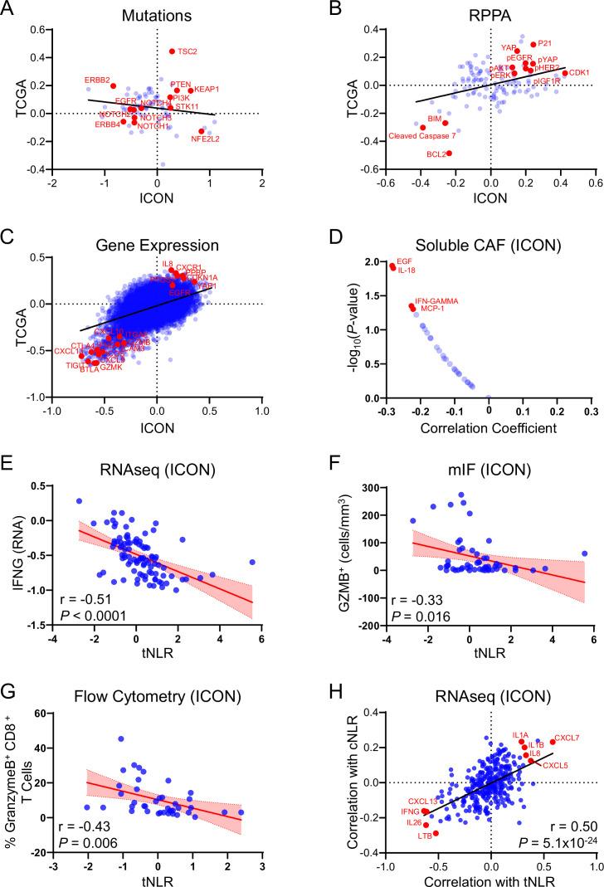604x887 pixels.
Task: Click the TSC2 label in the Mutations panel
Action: click(x=189, y=51)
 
